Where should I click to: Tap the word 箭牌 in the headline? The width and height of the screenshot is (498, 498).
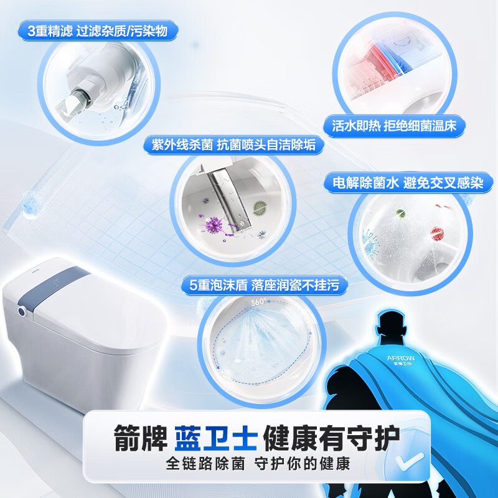[133, 438]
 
